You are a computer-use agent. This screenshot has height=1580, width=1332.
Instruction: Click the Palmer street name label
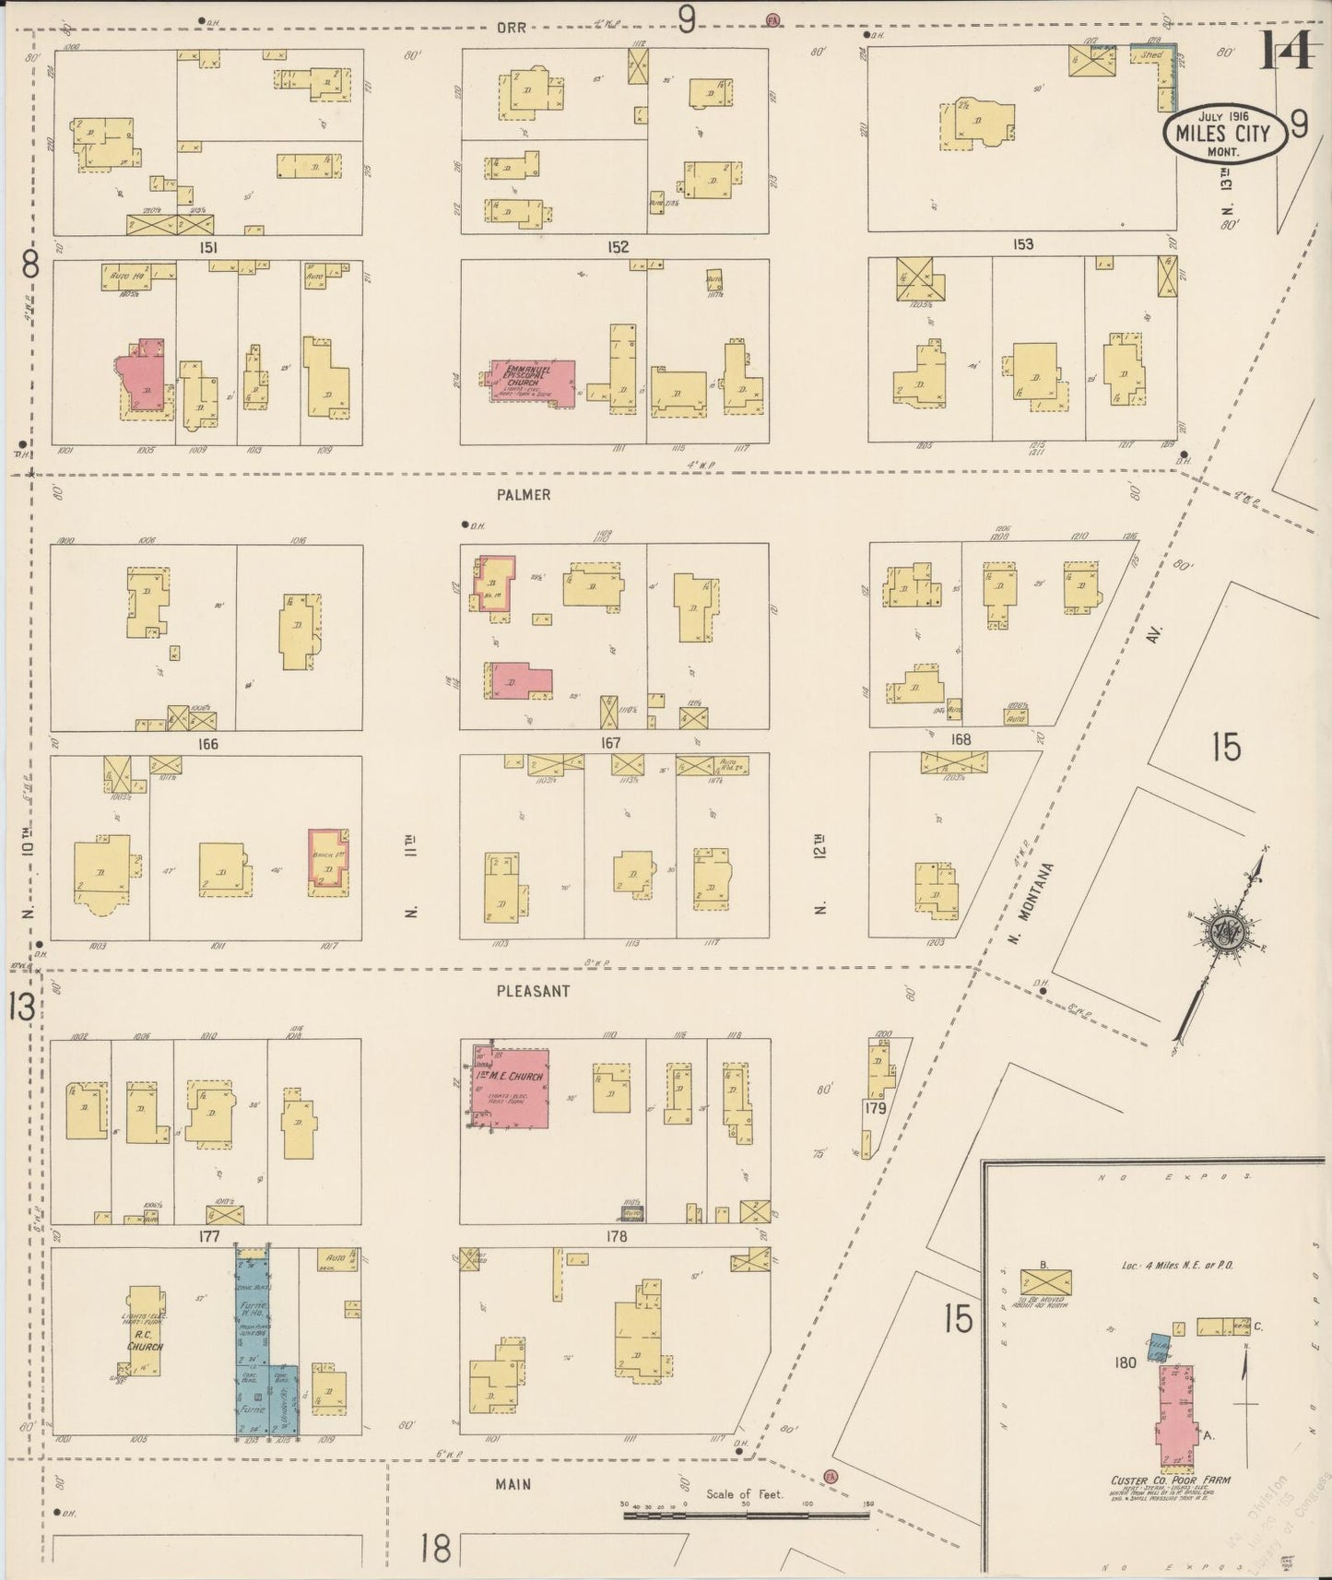pos(523,495)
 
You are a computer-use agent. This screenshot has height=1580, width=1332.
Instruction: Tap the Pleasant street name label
pos(533,991)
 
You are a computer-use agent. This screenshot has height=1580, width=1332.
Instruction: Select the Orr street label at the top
pos(511,28)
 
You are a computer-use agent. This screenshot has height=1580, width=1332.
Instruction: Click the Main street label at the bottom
pos(513,1484)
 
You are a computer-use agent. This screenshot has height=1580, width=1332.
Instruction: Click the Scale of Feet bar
pos(745,1515)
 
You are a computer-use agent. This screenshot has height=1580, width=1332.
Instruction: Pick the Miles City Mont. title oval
pos(1222,134)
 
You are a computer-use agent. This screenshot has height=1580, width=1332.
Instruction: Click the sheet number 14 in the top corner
pos(1287,51)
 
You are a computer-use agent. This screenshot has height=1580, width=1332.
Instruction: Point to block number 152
pos(618,247)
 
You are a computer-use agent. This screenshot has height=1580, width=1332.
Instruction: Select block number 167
pos(609,743)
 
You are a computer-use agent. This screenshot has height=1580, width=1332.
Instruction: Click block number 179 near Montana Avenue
pos(875,1109)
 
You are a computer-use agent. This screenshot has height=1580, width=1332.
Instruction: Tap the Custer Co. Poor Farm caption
pos(1171,1480)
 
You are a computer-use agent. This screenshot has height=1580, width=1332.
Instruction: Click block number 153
pos(1022,244)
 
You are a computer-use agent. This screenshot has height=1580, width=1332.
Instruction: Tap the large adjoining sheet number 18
pos(435,1548)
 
